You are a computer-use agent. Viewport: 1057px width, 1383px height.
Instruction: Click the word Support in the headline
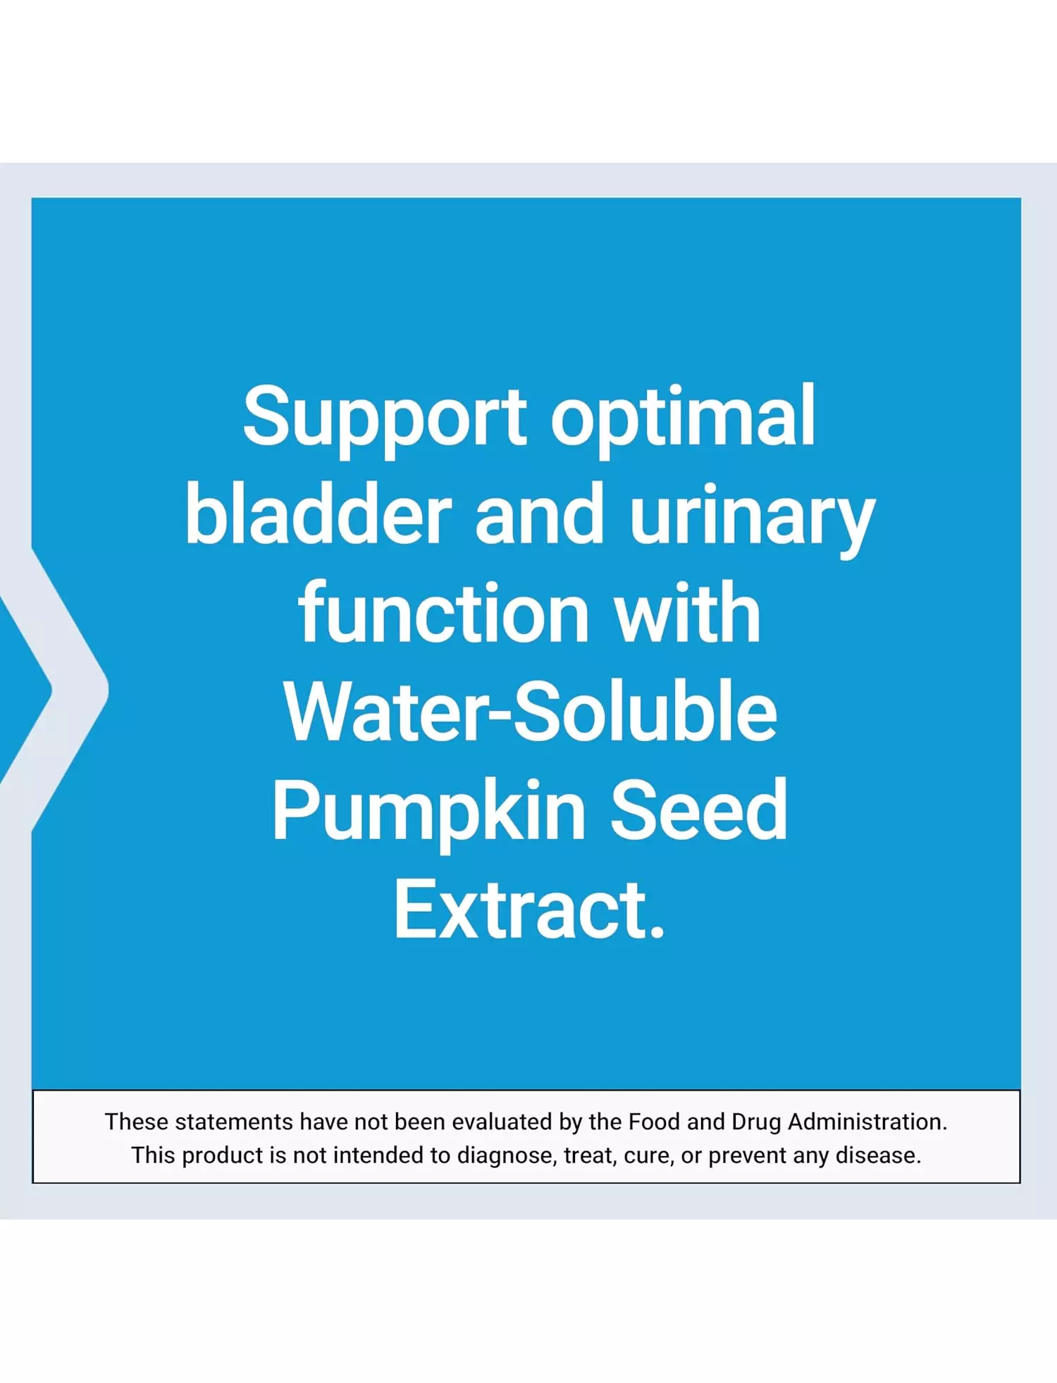384,419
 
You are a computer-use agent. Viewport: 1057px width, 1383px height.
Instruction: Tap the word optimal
683,419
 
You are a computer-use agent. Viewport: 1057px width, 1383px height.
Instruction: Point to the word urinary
752,520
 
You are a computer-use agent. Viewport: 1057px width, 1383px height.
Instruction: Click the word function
444,612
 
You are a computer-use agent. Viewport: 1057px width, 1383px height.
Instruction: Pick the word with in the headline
687,612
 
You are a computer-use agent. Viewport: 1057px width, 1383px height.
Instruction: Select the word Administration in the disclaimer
867,1121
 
